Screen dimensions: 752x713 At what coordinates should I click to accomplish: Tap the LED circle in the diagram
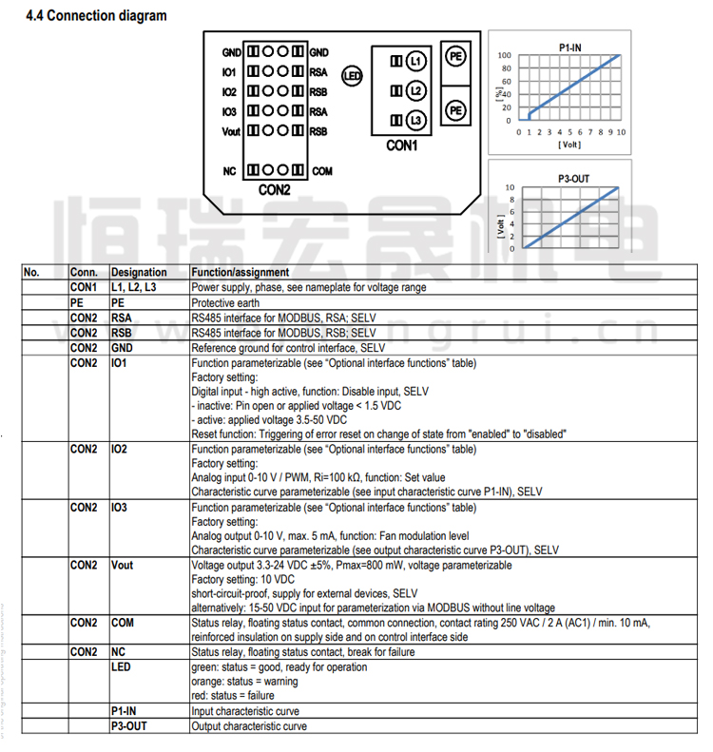tap(350, 77)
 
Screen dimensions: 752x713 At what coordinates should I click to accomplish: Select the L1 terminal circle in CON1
tap(414, 61)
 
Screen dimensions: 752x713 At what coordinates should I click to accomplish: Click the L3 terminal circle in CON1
tap(414, 121)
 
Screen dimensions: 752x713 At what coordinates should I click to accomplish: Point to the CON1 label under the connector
tap(402, 145)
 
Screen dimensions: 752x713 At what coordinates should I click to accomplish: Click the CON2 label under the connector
tap(274, 189)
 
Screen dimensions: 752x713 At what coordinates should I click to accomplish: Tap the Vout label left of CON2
tap(231, 131)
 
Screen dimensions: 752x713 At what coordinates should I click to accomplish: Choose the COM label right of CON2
tap(321, 171)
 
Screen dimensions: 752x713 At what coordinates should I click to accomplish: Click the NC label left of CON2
tap(229, 171)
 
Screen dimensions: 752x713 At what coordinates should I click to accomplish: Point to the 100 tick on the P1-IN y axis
tap(505, 55)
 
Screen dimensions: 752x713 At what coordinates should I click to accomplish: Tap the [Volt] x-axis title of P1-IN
tap(568, 145)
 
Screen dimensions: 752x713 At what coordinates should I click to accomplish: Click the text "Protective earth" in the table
tap(224, 302)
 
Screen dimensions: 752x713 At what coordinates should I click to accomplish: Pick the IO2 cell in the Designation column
tap(120, 448)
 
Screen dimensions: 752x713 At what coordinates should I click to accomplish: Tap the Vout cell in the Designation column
tap(122, 565)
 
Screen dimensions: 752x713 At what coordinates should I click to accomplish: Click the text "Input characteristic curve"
tap(245, 711)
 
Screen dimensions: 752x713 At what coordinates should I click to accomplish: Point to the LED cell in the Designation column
tap(121, 667)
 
